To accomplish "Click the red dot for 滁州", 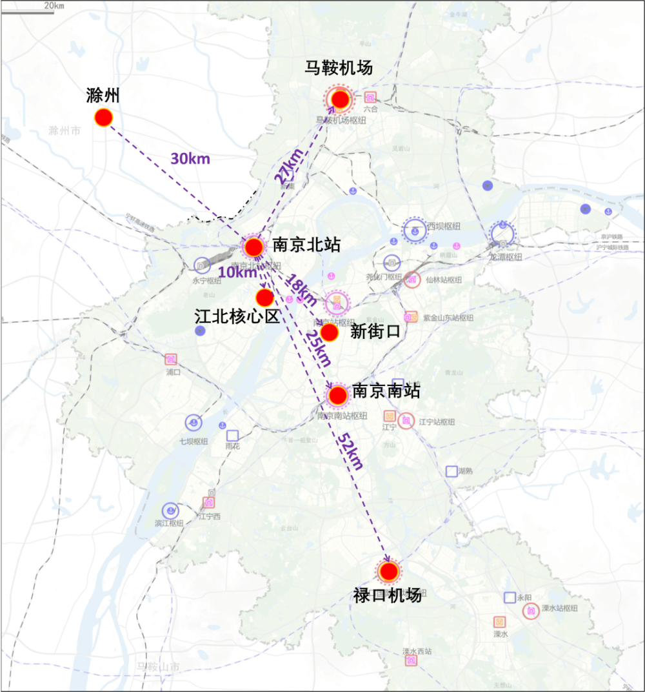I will coord(104,117).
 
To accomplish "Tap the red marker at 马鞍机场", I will coord(340,99).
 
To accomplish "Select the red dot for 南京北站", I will coord(254,246).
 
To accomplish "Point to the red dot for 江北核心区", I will coord(264,298).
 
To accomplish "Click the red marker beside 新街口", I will coord(330,332).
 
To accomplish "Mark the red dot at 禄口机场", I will coord(388,571).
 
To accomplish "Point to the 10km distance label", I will coord(237,272).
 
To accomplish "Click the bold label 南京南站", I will coord(386,391).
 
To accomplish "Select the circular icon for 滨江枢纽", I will coord(170,511).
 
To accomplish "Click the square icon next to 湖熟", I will coord(451,471).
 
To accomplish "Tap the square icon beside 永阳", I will coord(510,598).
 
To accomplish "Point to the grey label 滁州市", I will coord(64,130).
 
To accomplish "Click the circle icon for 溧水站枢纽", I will coord(531,611).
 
